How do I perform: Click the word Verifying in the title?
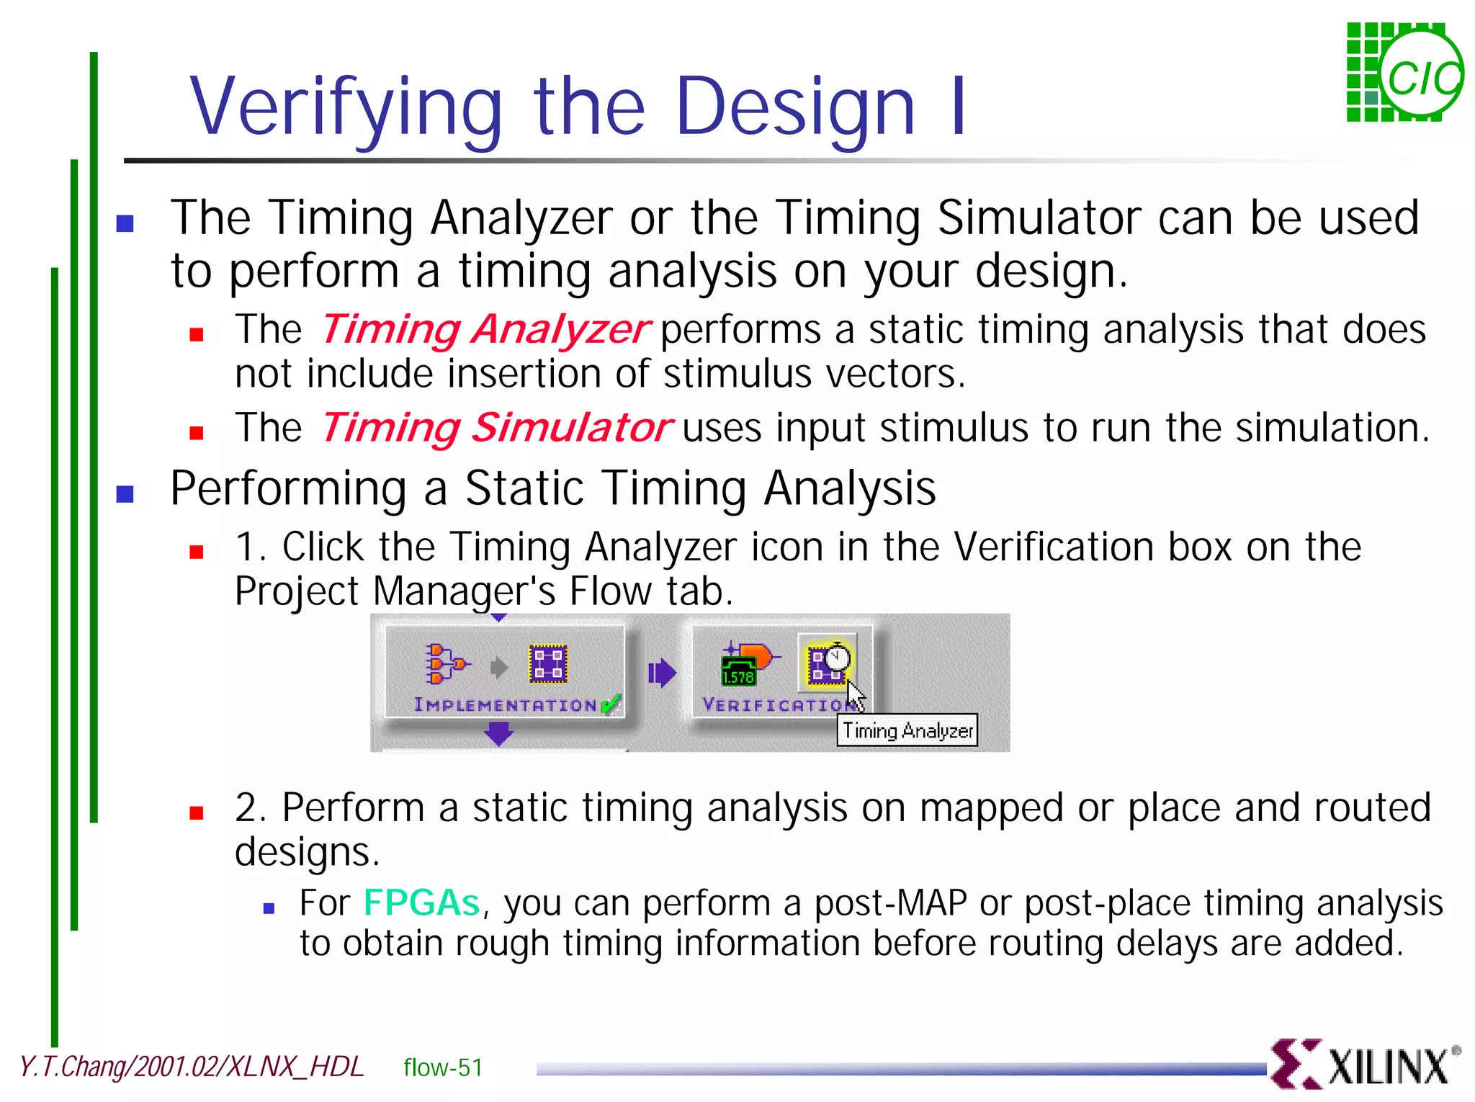click(x=346, y=108)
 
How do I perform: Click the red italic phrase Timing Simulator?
click(x=497, y=428)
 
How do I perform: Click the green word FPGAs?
click(x=421, y=903)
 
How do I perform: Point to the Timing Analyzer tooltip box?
click(x=907, y=730)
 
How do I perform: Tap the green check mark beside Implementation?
click(x=610, y=704)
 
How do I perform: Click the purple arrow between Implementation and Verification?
click(x=661, y=673)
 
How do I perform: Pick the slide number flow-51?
click(x=443, y=1067)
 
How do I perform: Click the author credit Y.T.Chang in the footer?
click(x=72, y=1067)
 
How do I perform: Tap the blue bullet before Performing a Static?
click(x=125, y=494)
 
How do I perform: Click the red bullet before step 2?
click(x=197, y=813)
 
